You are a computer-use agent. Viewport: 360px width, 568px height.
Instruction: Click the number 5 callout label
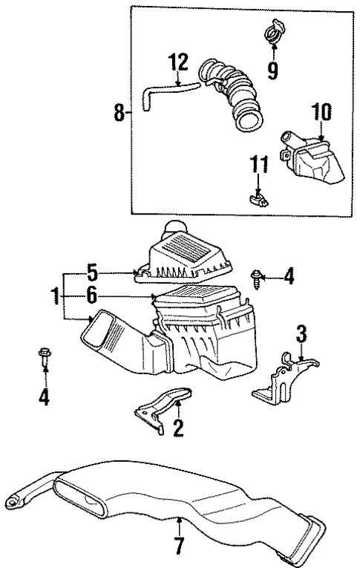click(92, 272)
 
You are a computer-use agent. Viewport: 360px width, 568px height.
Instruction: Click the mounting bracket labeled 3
click(286, 379)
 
